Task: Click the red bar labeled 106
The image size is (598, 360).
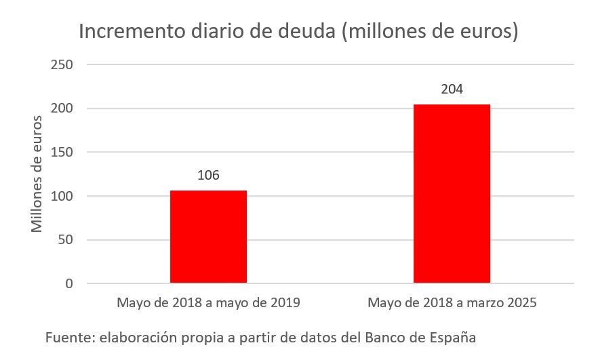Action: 208,237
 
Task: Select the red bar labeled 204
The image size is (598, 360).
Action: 452,194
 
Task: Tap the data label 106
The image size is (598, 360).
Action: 208,175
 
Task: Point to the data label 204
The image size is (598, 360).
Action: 452,89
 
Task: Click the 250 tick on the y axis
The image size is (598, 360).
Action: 62,64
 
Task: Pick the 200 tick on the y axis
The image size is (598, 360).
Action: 62,108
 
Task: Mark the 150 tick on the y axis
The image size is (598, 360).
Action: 62,152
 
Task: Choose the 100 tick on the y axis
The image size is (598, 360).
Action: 62,196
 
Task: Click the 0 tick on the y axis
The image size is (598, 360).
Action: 69,283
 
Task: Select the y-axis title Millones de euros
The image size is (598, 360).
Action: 37,174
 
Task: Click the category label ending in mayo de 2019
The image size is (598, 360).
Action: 208,302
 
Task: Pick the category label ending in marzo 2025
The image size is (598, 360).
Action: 452,302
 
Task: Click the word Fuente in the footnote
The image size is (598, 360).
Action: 66,337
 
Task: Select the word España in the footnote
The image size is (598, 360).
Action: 455,337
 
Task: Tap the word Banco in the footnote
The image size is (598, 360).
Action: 385,337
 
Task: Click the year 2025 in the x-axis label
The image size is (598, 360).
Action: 520,302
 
